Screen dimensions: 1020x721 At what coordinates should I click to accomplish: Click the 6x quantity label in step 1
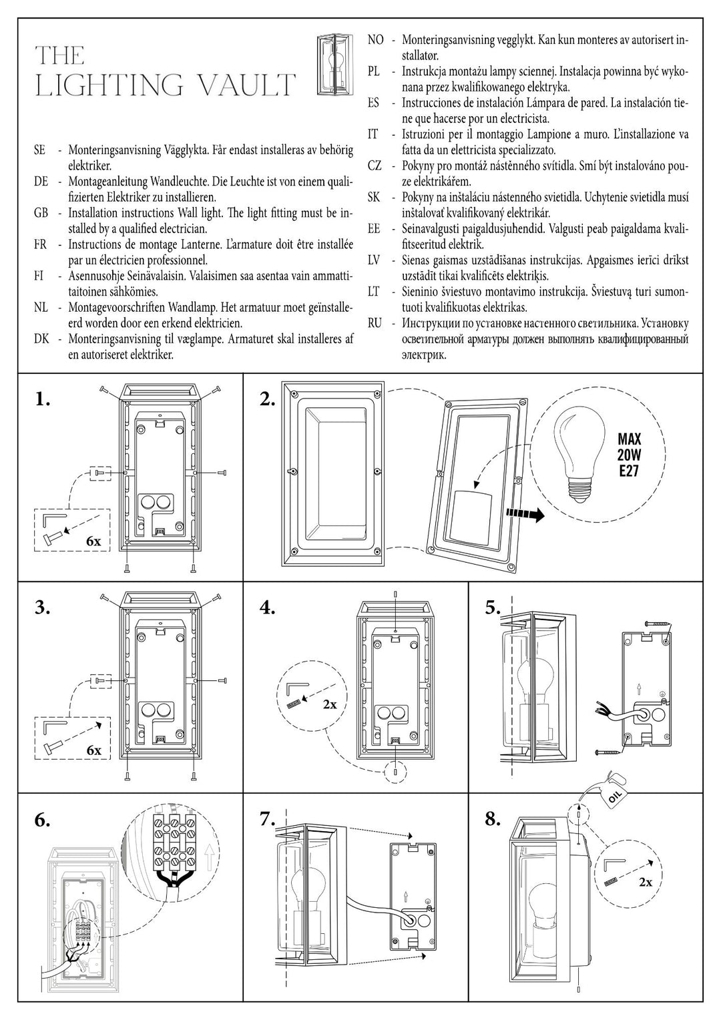coord(93,541)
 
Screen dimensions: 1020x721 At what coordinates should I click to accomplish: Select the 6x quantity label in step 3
coord(93,750)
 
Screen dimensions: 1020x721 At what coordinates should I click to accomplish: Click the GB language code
coord(40,213)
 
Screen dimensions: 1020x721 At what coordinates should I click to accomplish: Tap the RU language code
coord(375,324)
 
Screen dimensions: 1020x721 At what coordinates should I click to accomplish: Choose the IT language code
coord(373,134)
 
